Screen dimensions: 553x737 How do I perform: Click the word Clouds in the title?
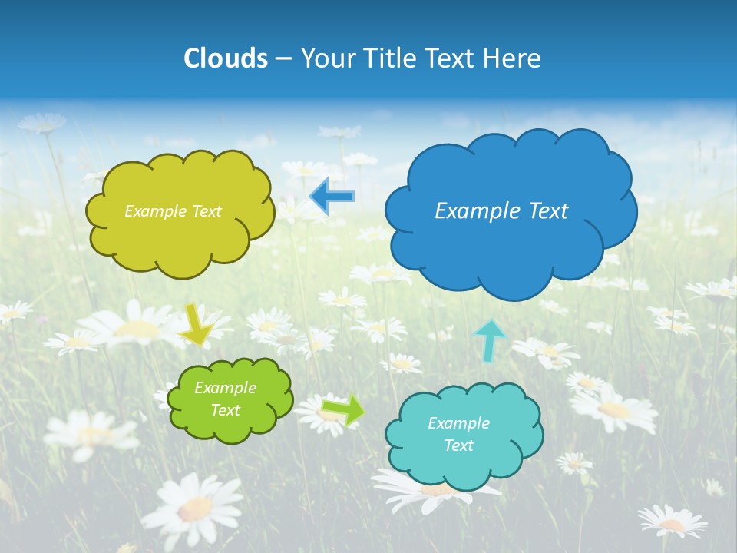[226, 58]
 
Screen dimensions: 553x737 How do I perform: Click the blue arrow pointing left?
[332, 197]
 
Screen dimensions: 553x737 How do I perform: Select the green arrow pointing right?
[342, 409]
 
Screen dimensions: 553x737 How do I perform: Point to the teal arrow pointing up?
[490, 339]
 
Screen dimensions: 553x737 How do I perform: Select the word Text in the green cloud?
[226, 410]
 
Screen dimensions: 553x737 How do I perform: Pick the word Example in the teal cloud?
[458, 423]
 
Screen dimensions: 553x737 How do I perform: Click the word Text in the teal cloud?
[458, 445]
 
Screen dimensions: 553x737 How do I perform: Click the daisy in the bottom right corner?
[673, 522]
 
